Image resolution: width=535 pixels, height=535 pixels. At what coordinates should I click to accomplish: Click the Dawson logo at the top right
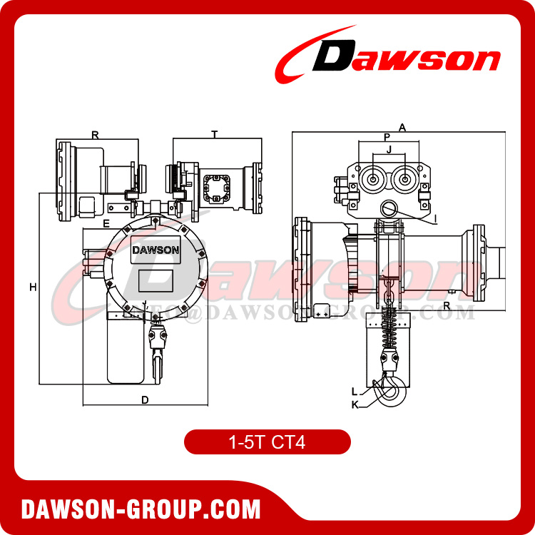(389, 56)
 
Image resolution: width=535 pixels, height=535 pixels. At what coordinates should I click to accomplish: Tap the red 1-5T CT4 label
(267, 442)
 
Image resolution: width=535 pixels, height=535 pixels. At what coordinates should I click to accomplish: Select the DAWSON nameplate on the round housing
(156, 250)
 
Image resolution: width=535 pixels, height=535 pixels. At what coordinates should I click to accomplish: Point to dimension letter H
(33, 287)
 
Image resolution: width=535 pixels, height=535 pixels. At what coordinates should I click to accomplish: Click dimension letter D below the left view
(145, 400)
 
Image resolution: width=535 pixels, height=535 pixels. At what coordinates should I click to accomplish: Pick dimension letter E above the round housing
(106, 223)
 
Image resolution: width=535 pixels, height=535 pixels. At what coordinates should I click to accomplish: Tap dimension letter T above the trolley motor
(215, 134)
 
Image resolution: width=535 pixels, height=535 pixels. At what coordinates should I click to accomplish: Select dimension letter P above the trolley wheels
(387, 137)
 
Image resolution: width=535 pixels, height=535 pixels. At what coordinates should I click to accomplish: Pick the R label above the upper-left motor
(95, 134)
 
